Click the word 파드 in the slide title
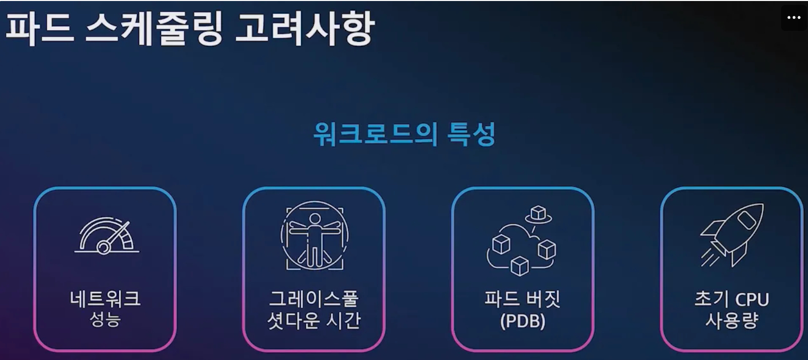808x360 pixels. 40,28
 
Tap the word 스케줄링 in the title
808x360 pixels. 154,28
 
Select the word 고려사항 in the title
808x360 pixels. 304,28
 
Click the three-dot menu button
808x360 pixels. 794,18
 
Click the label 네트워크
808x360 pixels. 105,298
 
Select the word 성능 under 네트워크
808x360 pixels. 105,319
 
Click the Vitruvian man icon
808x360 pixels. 314,235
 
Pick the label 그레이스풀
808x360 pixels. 314,298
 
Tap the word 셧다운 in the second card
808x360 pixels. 293,321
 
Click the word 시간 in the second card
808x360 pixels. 343,321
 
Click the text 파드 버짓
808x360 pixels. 522,298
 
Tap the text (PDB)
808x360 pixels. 522,321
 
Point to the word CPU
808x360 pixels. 752,299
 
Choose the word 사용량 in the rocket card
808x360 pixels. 731,321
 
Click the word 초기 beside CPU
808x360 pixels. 711,299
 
